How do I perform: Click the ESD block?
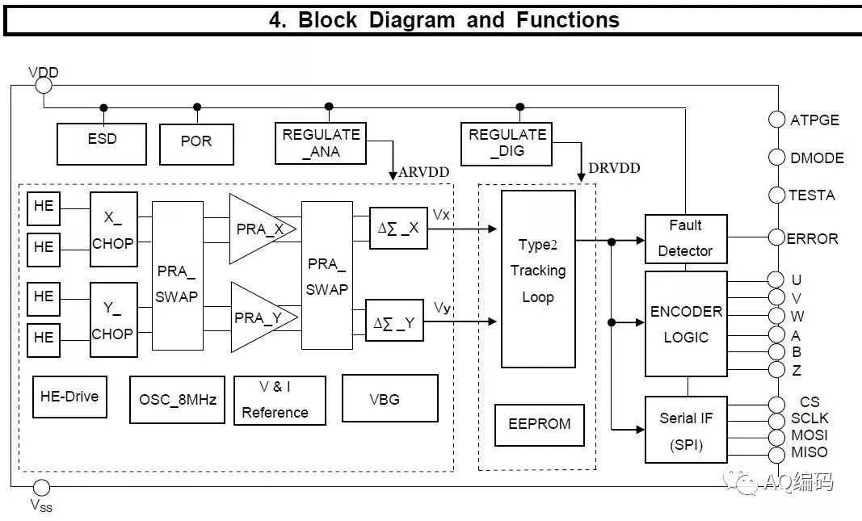(102, 143)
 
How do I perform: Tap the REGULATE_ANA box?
(322, 143)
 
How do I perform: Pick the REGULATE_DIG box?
(507, 143)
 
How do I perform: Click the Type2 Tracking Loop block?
(538, 279)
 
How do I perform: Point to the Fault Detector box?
(685, 238)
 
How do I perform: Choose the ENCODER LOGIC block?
(686, 324)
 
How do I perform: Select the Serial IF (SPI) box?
(686, 429)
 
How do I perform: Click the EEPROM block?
(540, 424)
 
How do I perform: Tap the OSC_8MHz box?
(178, 399)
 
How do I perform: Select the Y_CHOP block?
(113, 321)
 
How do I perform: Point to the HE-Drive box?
(69, 396)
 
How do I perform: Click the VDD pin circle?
(44, 86)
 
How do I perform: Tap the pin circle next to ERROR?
(776, 238)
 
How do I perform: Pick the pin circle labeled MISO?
(776, 453)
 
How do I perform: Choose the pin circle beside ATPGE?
(776, 120)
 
